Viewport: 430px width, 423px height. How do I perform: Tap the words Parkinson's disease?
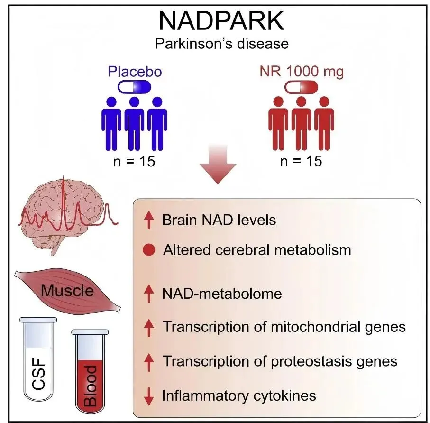tap(221, 44)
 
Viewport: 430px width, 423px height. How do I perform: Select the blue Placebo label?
tap(135, 72)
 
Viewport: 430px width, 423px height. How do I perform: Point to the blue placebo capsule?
tap(134, 87)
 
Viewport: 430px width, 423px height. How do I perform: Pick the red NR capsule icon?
tap(301, 87)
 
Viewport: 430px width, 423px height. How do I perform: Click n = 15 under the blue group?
tap(134, 161)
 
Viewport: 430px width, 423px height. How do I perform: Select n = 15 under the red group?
tap(301, 161)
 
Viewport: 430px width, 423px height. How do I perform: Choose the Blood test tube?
tap(90, 370)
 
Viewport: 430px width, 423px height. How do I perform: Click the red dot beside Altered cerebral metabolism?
tap(149, 250)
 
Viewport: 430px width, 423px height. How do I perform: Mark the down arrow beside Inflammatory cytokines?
tap(149, 395)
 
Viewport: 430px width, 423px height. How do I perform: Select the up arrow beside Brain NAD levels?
tap(149, 221)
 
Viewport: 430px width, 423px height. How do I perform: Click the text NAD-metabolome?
tap(222, 294)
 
